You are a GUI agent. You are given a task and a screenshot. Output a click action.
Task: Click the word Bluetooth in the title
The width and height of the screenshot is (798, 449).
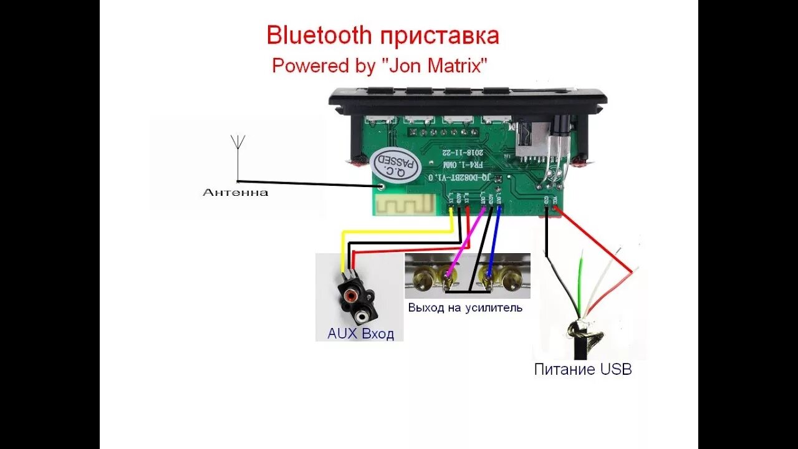pyautogui.click(x=319, y=36)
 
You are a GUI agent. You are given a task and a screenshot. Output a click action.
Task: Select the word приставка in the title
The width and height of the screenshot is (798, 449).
pyautogui.click(x=439, y=36)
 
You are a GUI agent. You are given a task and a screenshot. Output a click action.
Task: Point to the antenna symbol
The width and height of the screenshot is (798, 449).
pyautogui.click(x=238, y=142)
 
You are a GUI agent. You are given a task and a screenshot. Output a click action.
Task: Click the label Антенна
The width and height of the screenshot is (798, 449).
pyautogui.click(x=235, y=192)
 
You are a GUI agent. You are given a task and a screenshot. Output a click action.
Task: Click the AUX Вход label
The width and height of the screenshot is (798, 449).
pyautogui.click(x=360, y=334)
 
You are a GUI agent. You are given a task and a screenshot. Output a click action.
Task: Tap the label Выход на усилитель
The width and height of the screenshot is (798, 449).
pyautogui.click(x=465, y=307)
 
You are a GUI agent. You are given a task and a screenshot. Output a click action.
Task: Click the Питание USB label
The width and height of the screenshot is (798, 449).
pyautogui.click(x=583, y=369)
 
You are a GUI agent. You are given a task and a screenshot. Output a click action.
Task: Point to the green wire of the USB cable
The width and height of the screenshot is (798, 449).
pyautogui.click(x=580, y=281)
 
